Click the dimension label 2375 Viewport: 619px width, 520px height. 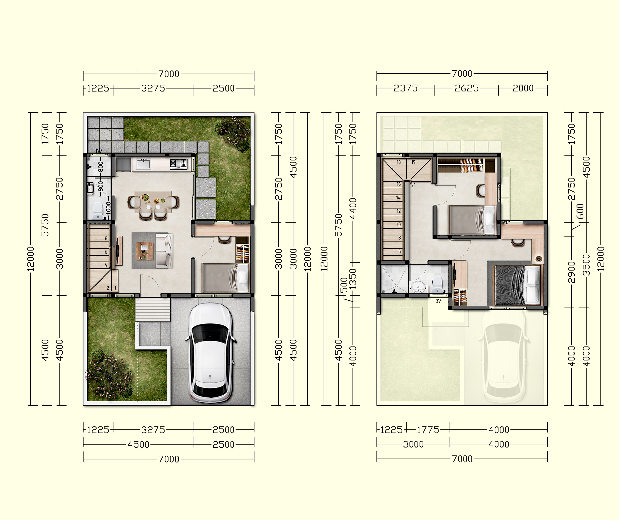406,88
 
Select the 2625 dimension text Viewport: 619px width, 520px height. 467,88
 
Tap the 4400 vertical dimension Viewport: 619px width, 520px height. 353,208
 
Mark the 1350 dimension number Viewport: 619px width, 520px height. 353,279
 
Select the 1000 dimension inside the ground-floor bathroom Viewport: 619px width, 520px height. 108,208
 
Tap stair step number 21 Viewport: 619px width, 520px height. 413,185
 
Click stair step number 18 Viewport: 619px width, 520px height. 399,162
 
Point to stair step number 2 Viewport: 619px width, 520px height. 108,288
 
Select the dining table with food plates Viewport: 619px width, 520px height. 153,202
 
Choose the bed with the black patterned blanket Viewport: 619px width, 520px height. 517,285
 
